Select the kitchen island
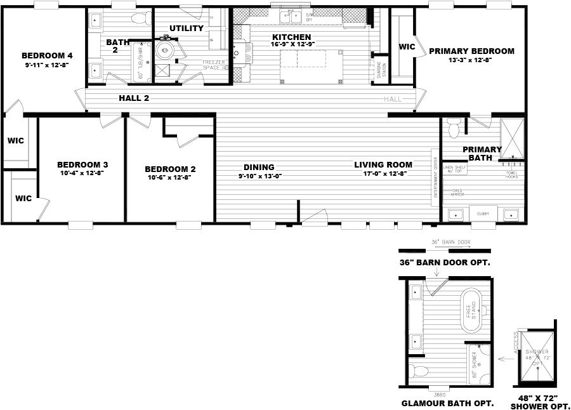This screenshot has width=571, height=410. pos(303,59)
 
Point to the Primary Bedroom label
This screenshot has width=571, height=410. pos(471,51)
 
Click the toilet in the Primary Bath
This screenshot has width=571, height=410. pos(452,129)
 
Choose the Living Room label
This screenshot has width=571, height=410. pos(383,165)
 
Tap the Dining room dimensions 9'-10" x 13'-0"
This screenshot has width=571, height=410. pos(260,176)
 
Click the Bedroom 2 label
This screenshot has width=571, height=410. pos(170,169)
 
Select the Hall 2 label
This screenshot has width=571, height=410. pos(134,98)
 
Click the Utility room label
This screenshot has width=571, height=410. pos(187,29)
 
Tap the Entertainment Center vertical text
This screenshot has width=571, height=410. pos(435,177)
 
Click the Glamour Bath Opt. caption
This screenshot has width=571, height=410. pos(439,403)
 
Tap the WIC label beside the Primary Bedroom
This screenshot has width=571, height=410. pos(406,47)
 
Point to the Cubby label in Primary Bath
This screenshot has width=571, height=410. pos(483,214)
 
